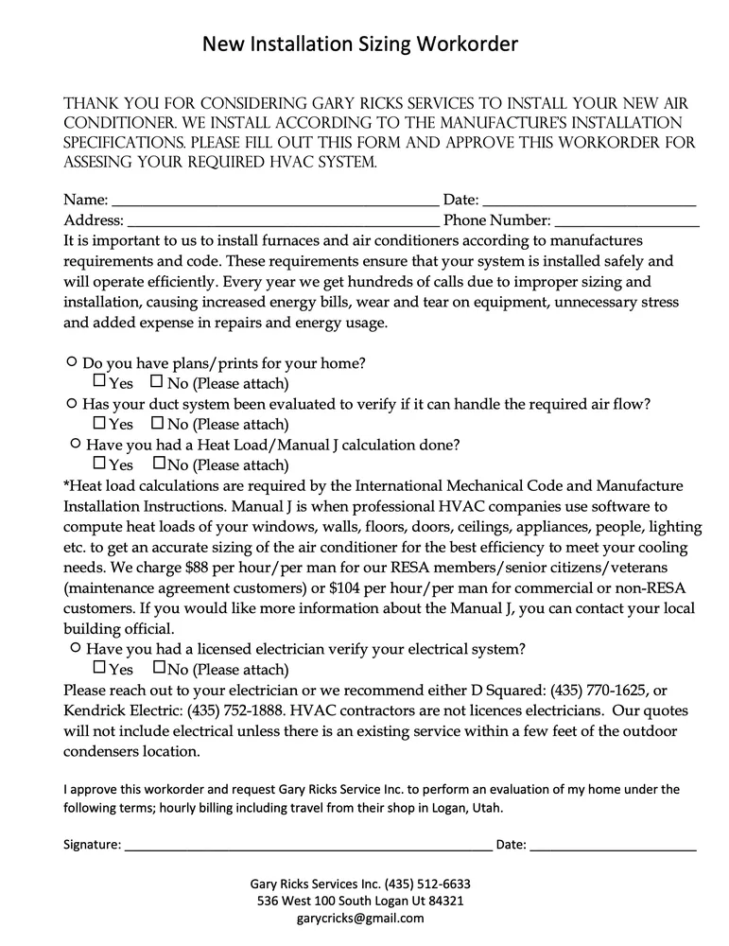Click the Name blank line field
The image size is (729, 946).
pos(274,201)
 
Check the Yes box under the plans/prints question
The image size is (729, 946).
pos(99,382)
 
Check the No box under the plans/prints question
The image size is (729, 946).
pos(157,382)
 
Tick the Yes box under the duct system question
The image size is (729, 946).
pos(99,423)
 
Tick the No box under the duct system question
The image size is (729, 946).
pos(157,423)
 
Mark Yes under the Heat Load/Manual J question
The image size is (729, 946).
pos(99,464)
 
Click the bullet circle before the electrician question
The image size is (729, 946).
pos(75,649)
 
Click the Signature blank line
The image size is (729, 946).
pos(307,844)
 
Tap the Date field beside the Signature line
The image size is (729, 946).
pos(613,844)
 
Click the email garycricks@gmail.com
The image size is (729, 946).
pos(360,918)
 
